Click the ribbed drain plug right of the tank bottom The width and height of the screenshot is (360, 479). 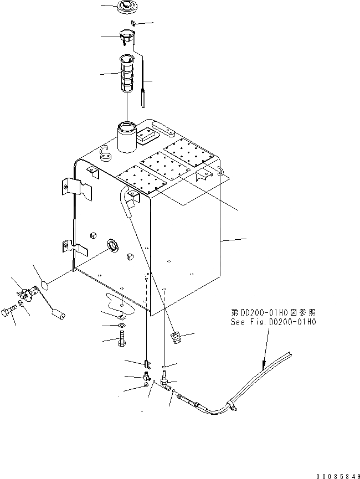[177, 337]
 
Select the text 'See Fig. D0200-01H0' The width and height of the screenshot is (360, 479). [274, 322]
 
